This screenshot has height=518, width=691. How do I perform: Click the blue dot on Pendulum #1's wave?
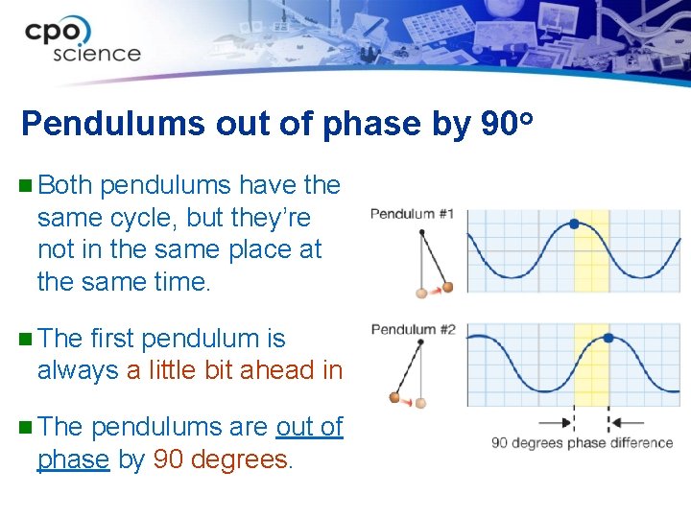point(574,224)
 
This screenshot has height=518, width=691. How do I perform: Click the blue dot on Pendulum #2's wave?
point(608,338)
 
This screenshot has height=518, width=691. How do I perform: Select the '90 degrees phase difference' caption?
point(582,443)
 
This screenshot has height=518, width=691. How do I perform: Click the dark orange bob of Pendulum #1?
point(446,286)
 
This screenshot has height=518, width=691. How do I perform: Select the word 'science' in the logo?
point(97,54)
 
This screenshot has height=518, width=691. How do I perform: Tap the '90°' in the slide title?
point(506,124)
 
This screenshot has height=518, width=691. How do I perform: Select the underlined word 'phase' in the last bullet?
point(73,459)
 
